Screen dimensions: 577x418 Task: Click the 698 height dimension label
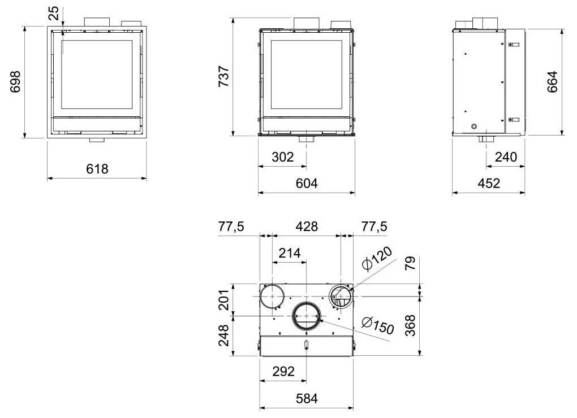15,81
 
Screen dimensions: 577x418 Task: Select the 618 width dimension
97,168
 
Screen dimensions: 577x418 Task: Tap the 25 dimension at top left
53,13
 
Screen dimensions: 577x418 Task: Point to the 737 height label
224,76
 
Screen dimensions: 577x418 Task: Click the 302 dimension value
283,157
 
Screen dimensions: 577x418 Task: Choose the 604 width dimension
307,183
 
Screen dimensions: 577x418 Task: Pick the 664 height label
552,81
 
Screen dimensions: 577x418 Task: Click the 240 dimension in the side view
506,157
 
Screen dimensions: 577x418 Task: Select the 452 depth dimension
489,183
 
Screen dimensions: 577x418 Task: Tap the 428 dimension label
307,227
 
